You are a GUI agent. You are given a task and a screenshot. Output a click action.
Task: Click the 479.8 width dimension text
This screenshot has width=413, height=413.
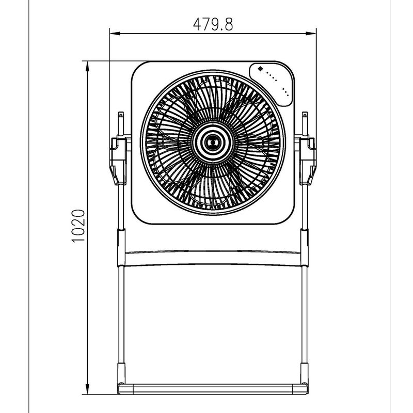coord(213,24)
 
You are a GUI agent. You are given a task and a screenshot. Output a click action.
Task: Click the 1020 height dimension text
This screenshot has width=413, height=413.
coord(78,226)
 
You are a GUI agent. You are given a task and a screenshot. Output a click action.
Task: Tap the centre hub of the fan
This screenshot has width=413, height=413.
coord(213,143)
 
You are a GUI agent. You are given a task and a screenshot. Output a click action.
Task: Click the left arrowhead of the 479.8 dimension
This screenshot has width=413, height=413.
coord(115,34)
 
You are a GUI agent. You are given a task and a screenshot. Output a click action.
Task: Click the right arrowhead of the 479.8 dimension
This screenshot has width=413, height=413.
coord(311,34)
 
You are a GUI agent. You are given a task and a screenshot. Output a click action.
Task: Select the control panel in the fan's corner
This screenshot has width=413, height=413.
coord(272,85)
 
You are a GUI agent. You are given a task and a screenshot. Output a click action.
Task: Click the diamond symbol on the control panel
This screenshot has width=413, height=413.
coord(260,69)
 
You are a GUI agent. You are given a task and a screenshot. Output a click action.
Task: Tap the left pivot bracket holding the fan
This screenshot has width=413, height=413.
coord(119,161)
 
